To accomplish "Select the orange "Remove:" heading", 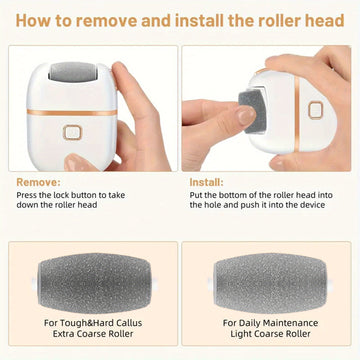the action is [39, 182].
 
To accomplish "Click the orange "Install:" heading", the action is [207, 182].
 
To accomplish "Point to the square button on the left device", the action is [72, 132].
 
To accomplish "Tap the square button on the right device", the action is [315, 110].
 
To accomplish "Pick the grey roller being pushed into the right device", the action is [252, 111].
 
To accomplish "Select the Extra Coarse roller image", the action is [94, 283].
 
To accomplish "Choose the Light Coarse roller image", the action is [270, 283].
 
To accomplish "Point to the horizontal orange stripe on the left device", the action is [72, 112].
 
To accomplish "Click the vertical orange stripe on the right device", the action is [297, 113].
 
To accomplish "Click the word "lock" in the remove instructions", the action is [64, 195].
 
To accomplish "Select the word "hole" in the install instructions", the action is [213, 205].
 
